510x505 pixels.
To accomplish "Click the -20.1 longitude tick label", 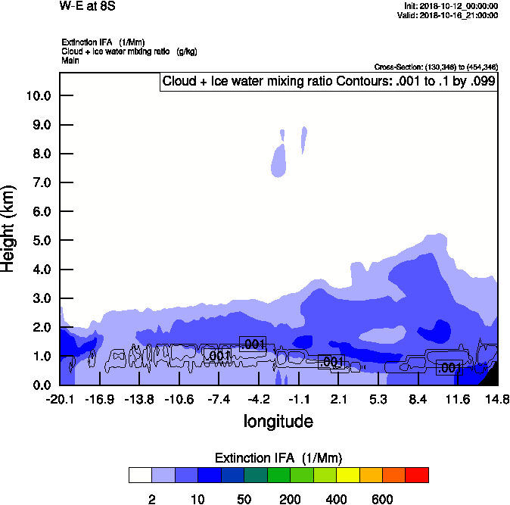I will click(x=60, y=399).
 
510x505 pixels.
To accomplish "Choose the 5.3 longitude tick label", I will click(x=379, y=399).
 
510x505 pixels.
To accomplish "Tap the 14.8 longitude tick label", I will click(x=496, y=399).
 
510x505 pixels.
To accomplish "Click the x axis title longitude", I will click(x=278, y=421).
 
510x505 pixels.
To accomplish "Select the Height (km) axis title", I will click(x=10, y=229).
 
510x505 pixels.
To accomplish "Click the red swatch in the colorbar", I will click(x=417, y=475).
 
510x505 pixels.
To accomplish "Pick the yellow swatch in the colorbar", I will click(x=348, y=475).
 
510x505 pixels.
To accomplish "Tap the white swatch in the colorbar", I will click(x=140, y=475).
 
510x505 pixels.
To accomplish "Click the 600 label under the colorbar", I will click(x=382, y=499).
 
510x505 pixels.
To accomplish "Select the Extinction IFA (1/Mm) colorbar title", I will click(x=278, y=457).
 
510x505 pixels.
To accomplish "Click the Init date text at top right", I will click(x=451, y=5).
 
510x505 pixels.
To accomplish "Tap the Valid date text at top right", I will click(x=449, y=15).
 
